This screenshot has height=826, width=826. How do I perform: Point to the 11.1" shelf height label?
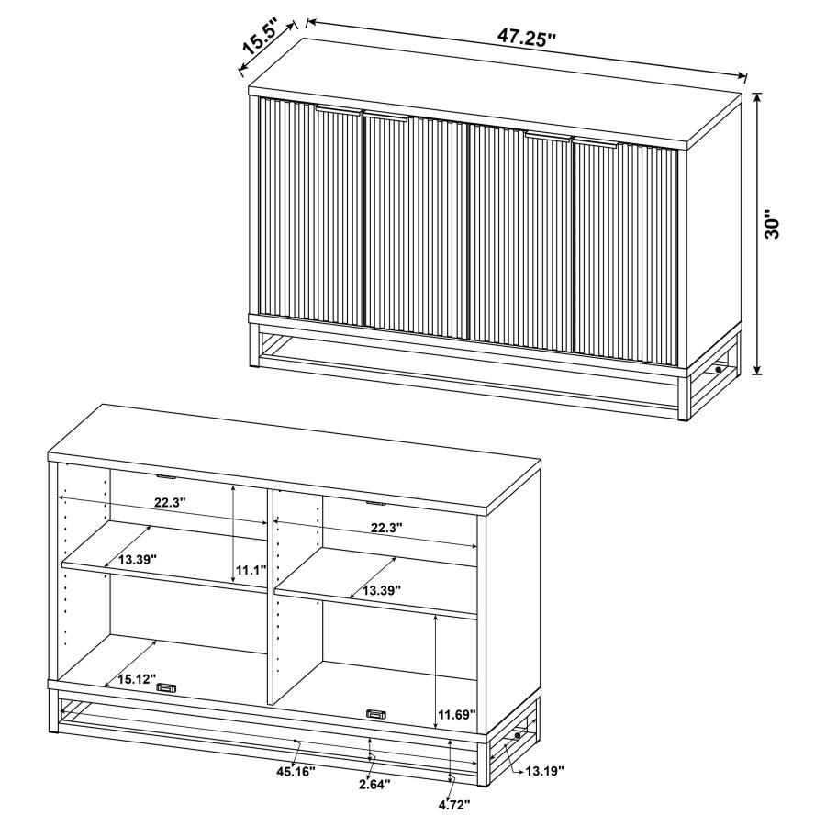[x=251, y=570]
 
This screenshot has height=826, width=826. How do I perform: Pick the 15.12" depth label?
[x=137, y=680]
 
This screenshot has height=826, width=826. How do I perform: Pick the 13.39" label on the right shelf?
[x=382, y=591]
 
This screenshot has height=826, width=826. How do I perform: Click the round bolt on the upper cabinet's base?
[x=719, y=370]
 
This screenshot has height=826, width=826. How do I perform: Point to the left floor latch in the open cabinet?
[x=167, y=687]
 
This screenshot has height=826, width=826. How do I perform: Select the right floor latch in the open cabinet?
[x=376, y=713]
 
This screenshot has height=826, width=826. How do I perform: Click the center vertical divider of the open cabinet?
[x=271, y=597]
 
